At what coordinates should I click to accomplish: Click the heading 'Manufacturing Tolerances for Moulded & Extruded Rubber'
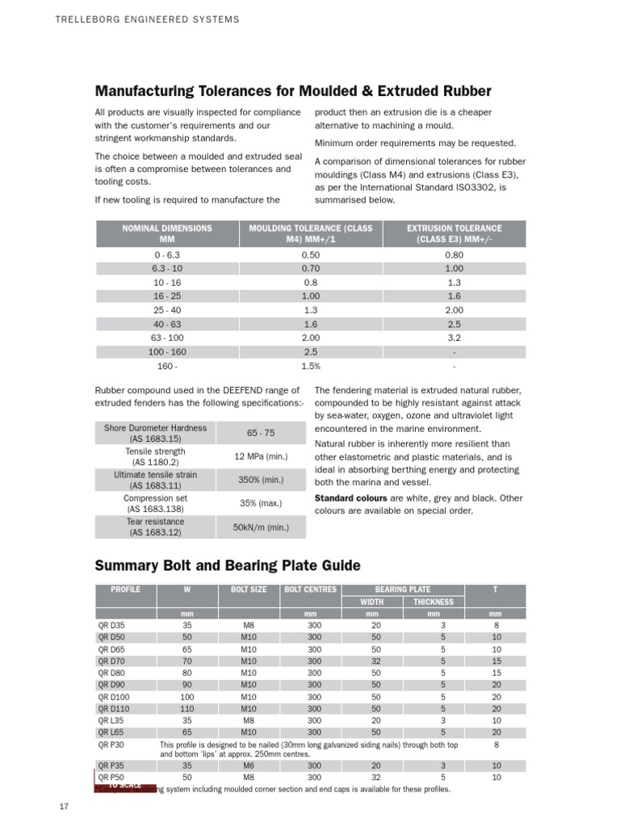293,91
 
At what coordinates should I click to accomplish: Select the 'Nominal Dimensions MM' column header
167,234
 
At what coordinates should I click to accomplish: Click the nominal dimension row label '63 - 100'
167,337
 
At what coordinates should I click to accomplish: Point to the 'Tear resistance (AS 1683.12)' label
156,527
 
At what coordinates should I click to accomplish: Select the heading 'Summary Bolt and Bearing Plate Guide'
228,565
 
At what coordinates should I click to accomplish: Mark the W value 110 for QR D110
187,707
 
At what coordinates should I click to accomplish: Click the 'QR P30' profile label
111,744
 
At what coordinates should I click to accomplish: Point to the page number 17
65,806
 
